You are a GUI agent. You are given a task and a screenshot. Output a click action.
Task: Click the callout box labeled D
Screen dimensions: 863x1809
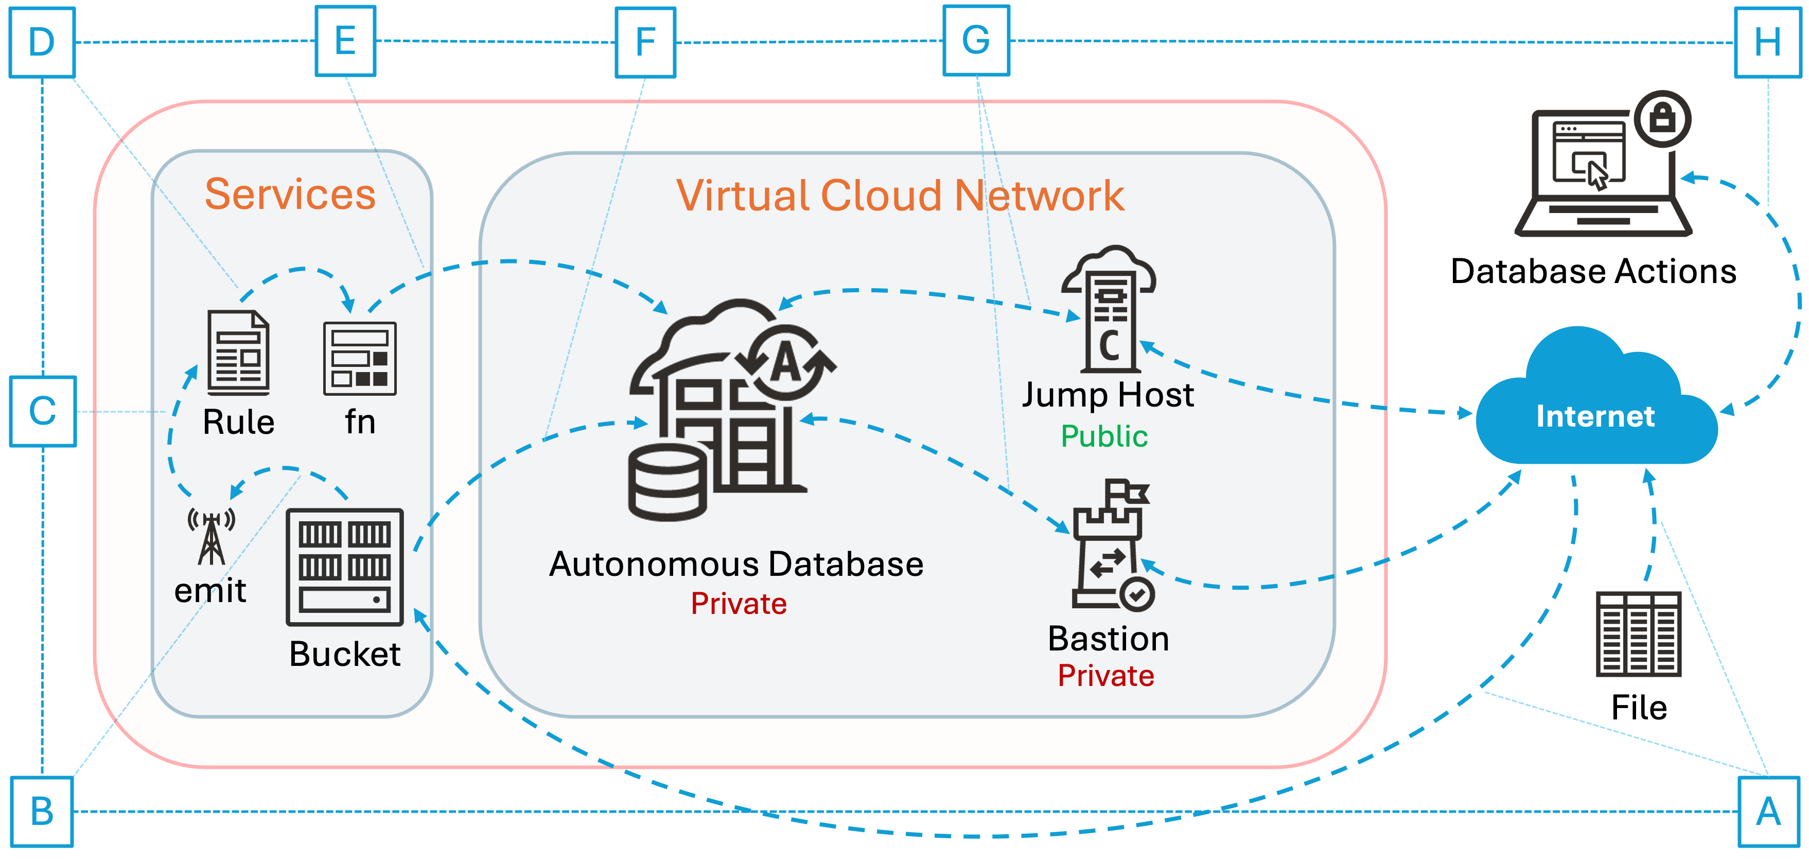(x=42, y=42)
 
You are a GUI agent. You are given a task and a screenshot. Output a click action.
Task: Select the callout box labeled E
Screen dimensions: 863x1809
(x=345, y=41)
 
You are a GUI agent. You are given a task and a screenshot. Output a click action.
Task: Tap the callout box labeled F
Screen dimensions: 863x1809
(x=645, y=42)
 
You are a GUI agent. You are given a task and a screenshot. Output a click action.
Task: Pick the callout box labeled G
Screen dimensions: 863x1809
(x=975, y=41)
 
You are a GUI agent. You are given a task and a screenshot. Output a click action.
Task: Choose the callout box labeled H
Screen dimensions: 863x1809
(x=1767, y=42)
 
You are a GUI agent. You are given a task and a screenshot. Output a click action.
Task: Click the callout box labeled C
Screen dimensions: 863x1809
(x=43, y=412)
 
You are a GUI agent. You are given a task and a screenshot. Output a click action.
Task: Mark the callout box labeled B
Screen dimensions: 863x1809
(x=42, y=812)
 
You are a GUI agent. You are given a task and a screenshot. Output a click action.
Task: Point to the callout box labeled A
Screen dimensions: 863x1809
(x=1767, y=812)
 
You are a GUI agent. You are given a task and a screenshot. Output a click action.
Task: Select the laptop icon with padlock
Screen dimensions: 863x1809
(x=1605, y=168)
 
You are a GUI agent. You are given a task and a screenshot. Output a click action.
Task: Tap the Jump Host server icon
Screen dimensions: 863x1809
(x=1109, y=309)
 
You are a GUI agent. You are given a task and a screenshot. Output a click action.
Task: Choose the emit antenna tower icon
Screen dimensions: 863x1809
(x=210, y=537)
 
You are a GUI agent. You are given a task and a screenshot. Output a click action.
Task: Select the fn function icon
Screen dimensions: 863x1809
(x=360, y=358)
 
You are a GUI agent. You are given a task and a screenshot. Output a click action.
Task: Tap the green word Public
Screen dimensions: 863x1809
(x=1104, y=436)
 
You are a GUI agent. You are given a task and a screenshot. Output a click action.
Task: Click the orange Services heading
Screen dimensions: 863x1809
(x=290, y=194)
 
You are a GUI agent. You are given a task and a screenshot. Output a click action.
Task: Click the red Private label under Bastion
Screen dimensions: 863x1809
(x=1106, y=676)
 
